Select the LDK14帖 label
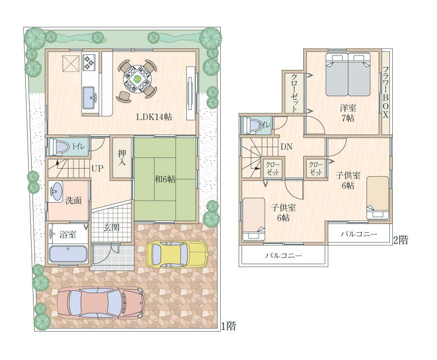click(x=154, y=117)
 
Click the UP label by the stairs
click(x=97, y=169)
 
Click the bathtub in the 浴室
click(x=68, y=254)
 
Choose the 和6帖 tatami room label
click(x=165, y=179)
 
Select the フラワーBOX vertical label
click(x=385, y=92)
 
